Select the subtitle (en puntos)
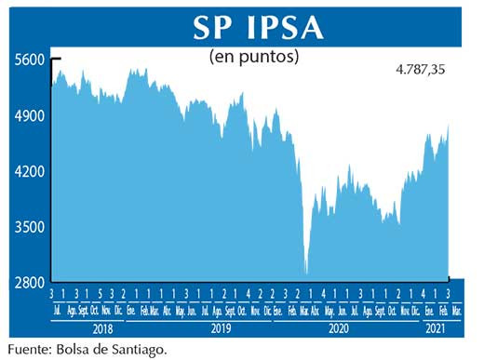click(x=253, y=57)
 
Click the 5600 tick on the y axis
click(x=30, y=60)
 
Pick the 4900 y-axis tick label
click(x=30, y=116)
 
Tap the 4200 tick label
click(x=30, y=172)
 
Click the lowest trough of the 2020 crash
click(x=306, y=274)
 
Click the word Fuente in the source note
click(x=31, y=350)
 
